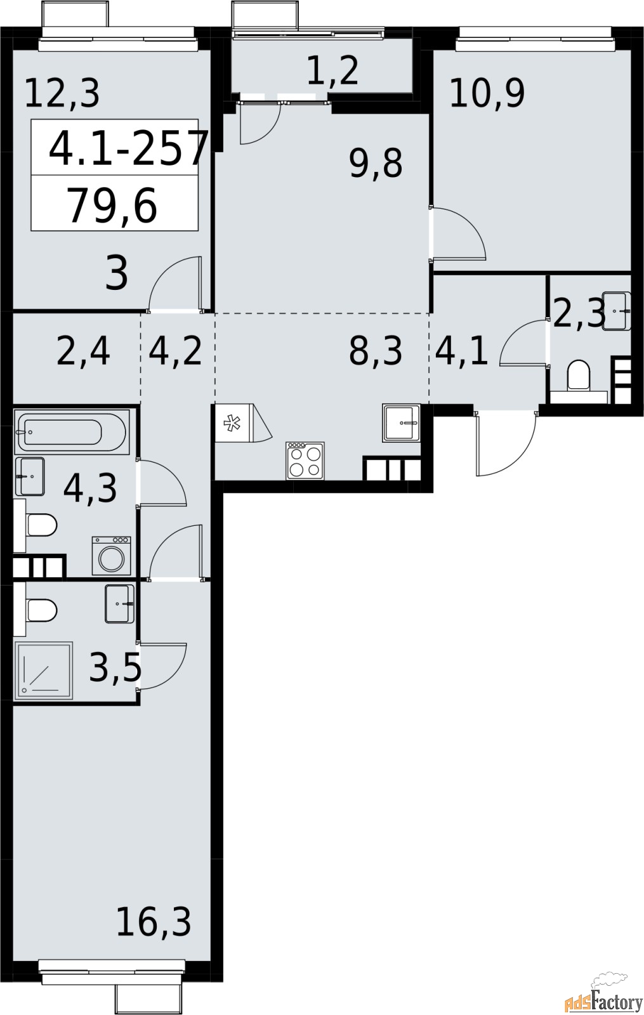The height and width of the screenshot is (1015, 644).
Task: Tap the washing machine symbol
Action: pyautogui.click(x=112, y=555)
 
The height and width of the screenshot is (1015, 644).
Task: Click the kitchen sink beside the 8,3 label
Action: pyautogui.click(x=402, y=422)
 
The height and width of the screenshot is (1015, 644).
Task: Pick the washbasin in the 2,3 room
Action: pyautogui.click(x=617, y=311)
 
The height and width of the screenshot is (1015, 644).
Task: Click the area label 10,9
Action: pyautogui.click(x=487, y=94)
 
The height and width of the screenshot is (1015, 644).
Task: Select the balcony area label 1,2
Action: pyautogui.click(x=332, y=70)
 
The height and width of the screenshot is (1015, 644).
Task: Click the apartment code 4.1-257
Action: pyautogui.click(x=129, y=147)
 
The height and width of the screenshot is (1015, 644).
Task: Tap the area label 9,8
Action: pyautogui.click(x=376, y=164)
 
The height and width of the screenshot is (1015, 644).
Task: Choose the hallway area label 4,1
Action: pyautogui.click(x=462, y=351)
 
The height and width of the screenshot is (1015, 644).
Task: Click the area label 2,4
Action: pyautogui.click(x=83, y=351)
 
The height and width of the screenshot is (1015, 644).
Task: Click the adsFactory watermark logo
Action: pyautogui.click(x=603, y=1000)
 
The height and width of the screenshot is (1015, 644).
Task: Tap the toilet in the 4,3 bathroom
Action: pyautogui.click(x=39, y=525)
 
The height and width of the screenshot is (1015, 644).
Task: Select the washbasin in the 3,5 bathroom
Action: pyautogui.click(x=119, y=604)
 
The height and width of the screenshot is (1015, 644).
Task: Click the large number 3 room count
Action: pyautogui.click(x=117, y=274)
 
